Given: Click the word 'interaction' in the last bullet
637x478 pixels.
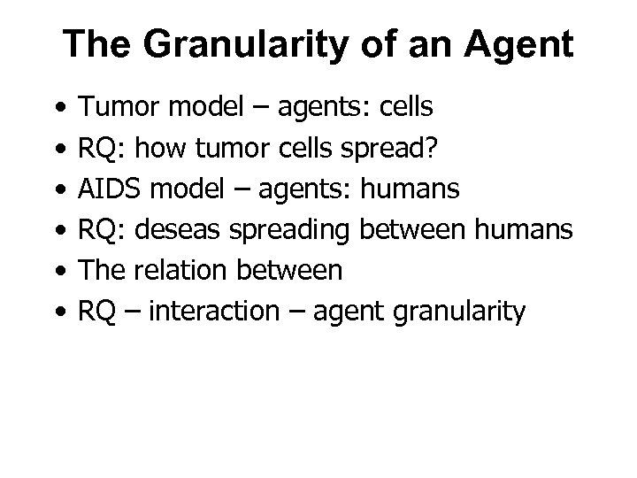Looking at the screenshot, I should coord(204,312).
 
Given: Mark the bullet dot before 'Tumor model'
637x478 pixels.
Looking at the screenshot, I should coord(58,109).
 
